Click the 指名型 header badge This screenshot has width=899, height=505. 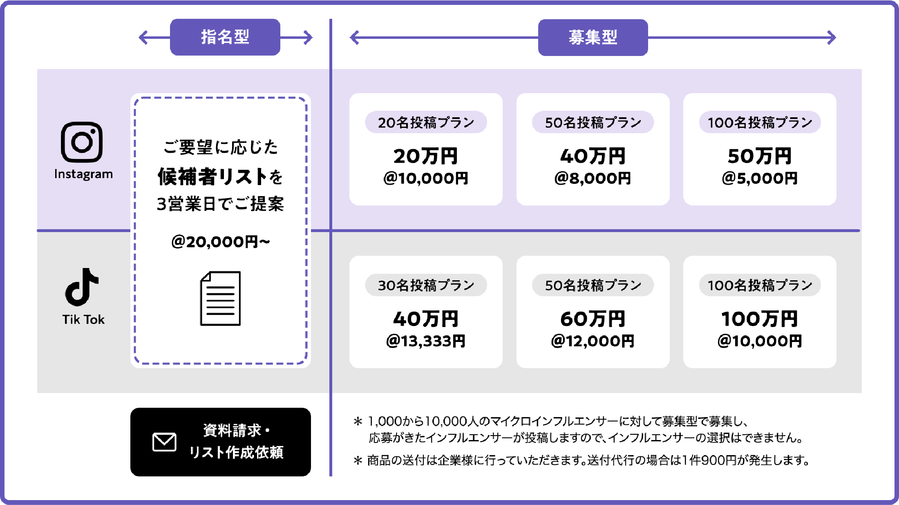point(225,37)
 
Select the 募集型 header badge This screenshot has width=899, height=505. point(593,38)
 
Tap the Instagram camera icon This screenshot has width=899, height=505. point(82,142)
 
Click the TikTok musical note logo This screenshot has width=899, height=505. point(82,287)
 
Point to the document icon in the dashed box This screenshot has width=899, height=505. point(220,298)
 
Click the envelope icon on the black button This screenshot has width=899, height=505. point(164,442)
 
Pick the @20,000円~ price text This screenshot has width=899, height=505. point(221,242)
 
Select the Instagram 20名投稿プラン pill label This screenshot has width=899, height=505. point(426,122)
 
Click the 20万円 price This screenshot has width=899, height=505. point(426,156)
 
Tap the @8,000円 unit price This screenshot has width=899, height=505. point(593,178)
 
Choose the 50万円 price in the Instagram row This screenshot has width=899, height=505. point(760,156)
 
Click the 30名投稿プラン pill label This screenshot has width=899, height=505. point(426,285)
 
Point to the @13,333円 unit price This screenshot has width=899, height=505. point(426,341)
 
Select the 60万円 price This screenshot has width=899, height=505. point(593,319)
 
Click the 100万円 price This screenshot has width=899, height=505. point(760,319)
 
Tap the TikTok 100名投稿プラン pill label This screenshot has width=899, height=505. point(760,285)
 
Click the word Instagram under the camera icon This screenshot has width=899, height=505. point(83,174)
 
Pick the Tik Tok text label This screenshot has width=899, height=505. point(83,320)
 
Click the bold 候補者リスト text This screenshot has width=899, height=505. point(212,177)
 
